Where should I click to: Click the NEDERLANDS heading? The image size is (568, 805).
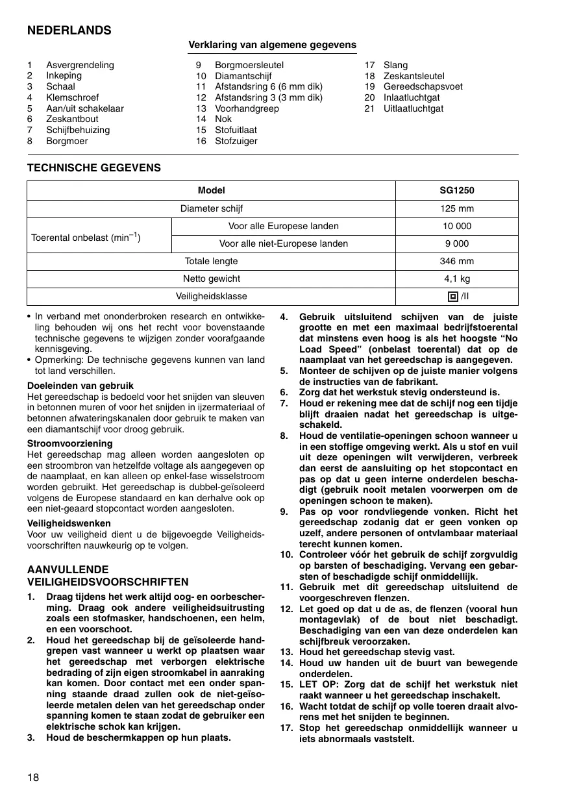coord(69,31)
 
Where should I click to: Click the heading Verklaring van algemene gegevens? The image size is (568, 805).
coord(272,45)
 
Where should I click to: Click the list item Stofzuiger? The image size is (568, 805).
coord(236,141)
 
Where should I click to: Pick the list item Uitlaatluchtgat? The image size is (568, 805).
coord(414,108)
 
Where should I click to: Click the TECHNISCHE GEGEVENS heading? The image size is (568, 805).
coord(94,168)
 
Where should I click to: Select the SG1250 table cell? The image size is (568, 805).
coord(456,191)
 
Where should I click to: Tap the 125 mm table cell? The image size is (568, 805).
coord(456,208)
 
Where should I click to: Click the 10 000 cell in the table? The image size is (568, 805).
coord(456,226)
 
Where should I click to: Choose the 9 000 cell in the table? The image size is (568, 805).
coord(456,243)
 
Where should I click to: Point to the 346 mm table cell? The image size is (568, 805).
coord(456,261)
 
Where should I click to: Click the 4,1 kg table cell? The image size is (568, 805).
coord(456,279)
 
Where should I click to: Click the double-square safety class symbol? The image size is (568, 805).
coord(452,297)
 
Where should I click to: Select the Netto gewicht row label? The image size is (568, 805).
coord(211,279)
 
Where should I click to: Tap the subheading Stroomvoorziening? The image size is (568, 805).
coord(70,443)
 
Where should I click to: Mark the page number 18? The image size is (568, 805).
coord(33,777)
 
